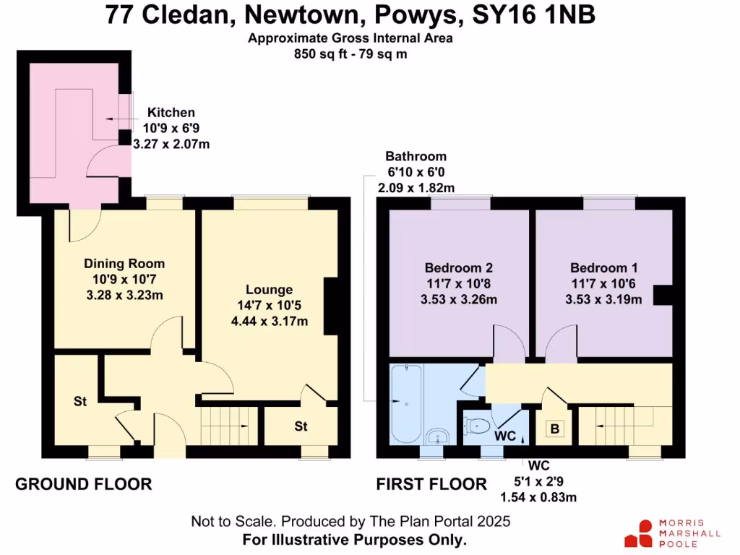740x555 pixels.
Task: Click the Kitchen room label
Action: pos(171,113)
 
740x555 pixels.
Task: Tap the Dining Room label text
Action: pos(124,264)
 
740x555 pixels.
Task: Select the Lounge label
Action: pos(268,290)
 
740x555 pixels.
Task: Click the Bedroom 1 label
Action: pos(603,268)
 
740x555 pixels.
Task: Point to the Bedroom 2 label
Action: pos(459,268)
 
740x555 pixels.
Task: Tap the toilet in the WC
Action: pos(478,426)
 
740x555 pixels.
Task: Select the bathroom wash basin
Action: pos(437,436)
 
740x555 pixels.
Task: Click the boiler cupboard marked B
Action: pos(555,429)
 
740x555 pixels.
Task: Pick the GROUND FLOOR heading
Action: pos(84,484)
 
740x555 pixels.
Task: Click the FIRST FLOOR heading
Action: pos(431,484)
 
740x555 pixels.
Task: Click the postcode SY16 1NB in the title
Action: pos(528,15)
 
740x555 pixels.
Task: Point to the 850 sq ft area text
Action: pos(350,53)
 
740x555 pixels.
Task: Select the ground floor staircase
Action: pos(228,426)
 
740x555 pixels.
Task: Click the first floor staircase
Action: pos(614,426)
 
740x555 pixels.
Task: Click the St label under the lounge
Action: pos(301,426)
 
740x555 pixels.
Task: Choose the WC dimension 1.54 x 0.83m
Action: pos(538,497)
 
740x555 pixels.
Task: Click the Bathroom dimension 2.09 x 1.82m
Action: pos(416,188)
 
